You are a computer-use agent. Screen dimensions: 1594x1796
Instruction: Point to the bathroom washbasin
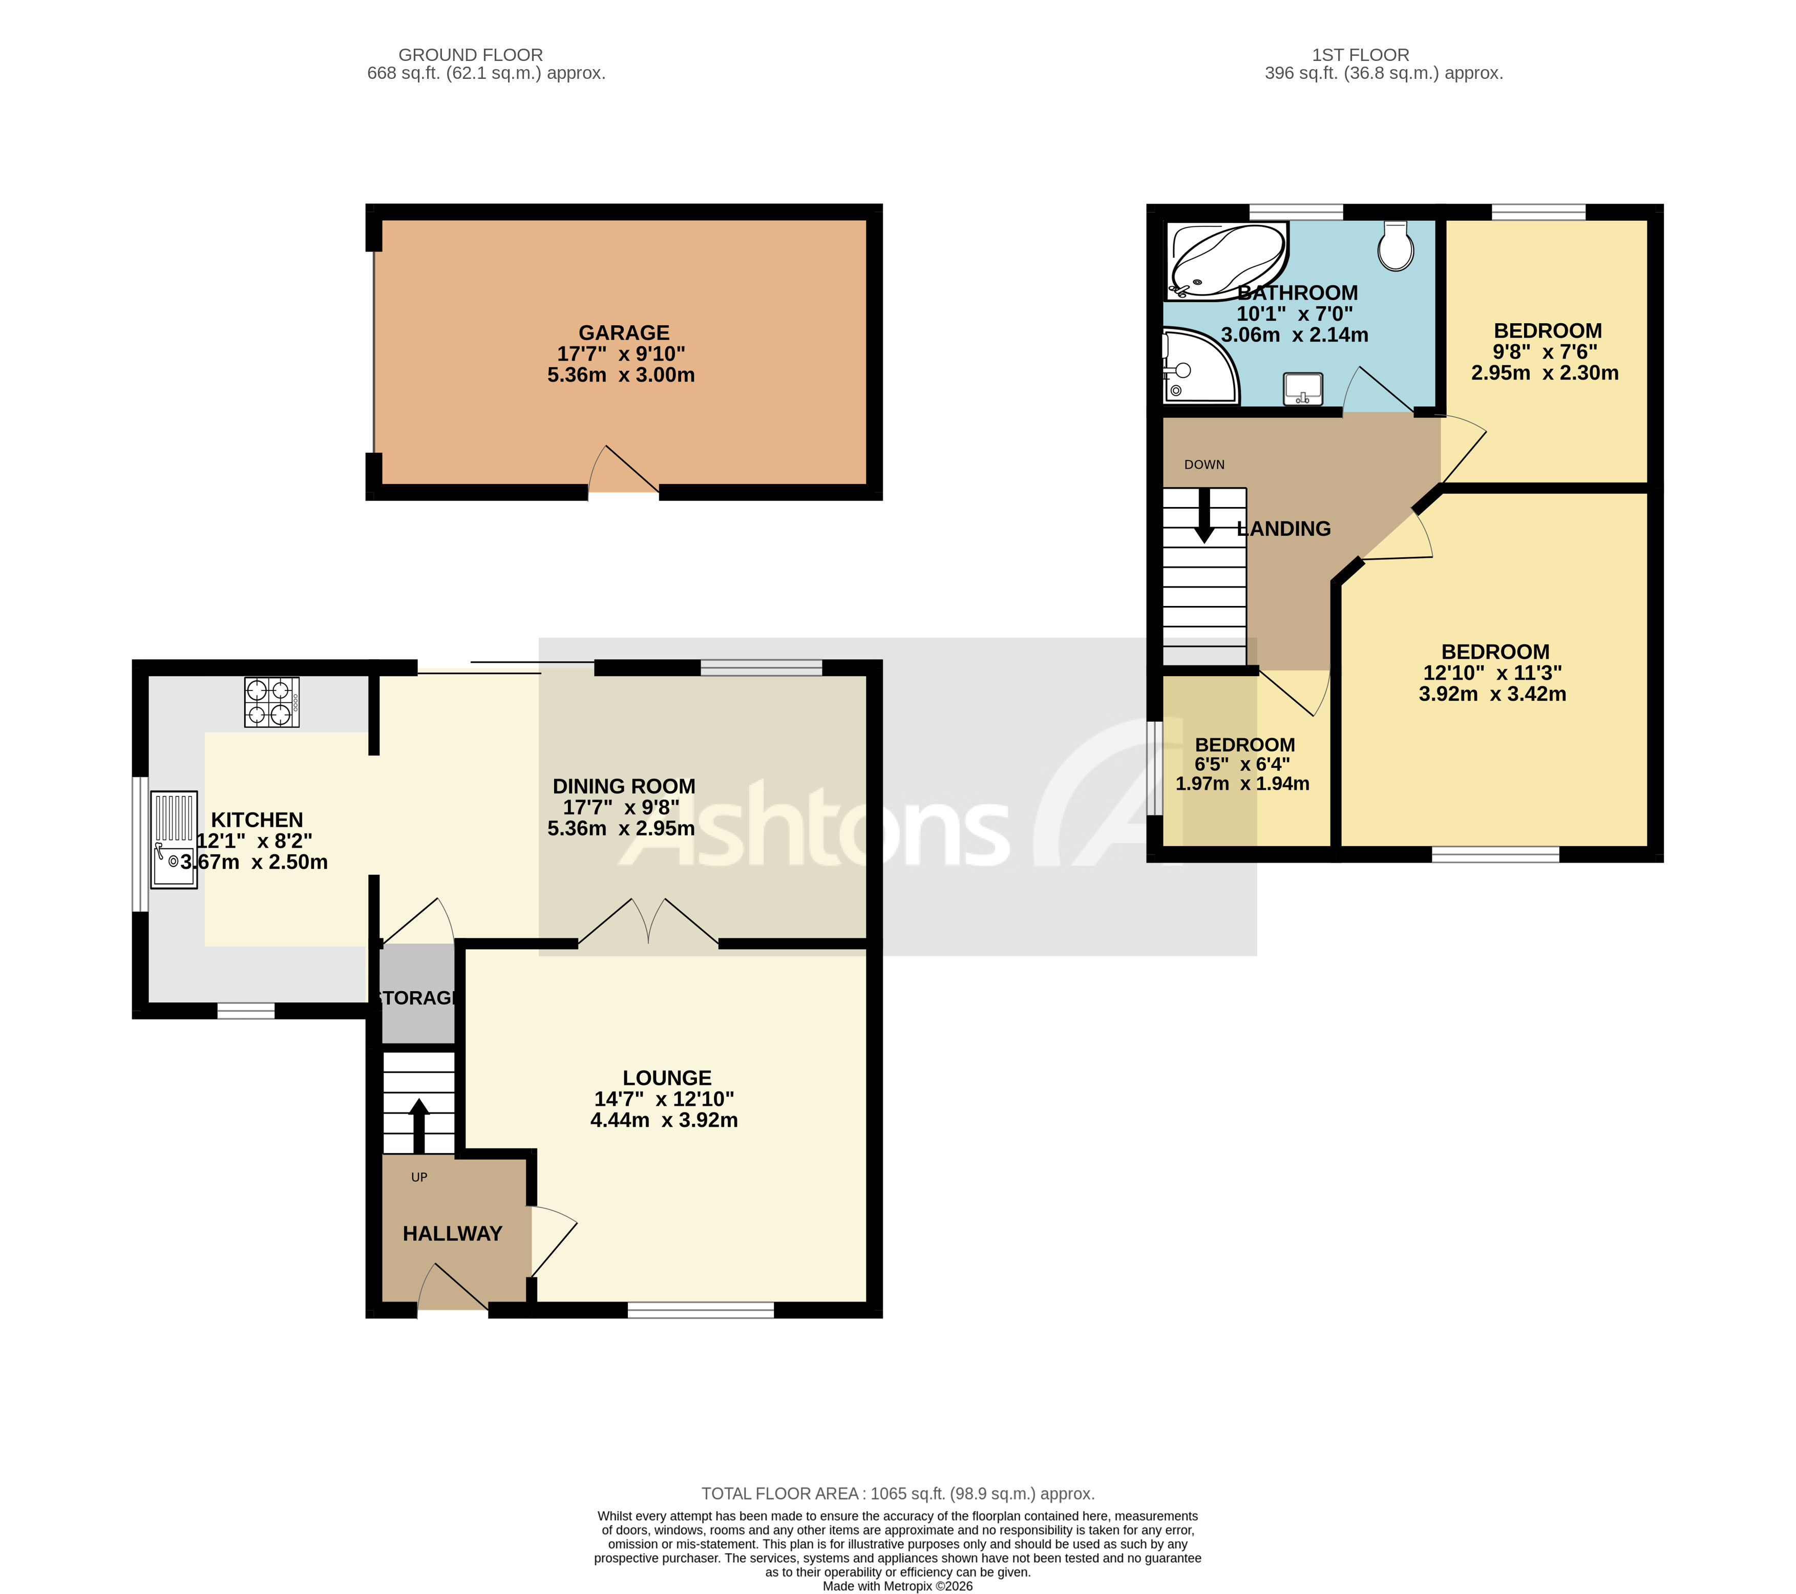point(1302,388)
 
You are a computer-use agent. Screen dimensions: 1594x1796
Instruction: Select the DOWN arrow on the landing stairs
point(1204,517)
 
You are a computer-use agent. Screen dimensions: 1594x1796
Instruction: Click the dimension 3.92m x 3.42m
point(1491,694)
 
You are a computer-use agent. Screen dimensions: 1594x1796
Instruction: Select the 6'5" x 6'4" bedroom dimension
point(1241,765)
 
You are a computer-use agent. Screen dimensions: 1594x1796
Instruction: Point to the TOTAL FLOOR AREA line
point(897,1493)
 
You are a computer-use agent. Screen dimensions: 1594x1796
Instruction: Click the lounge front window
point(700,1310)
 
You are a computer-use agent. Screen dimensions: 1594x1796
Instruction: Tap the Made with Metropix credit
point(897,1586)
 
